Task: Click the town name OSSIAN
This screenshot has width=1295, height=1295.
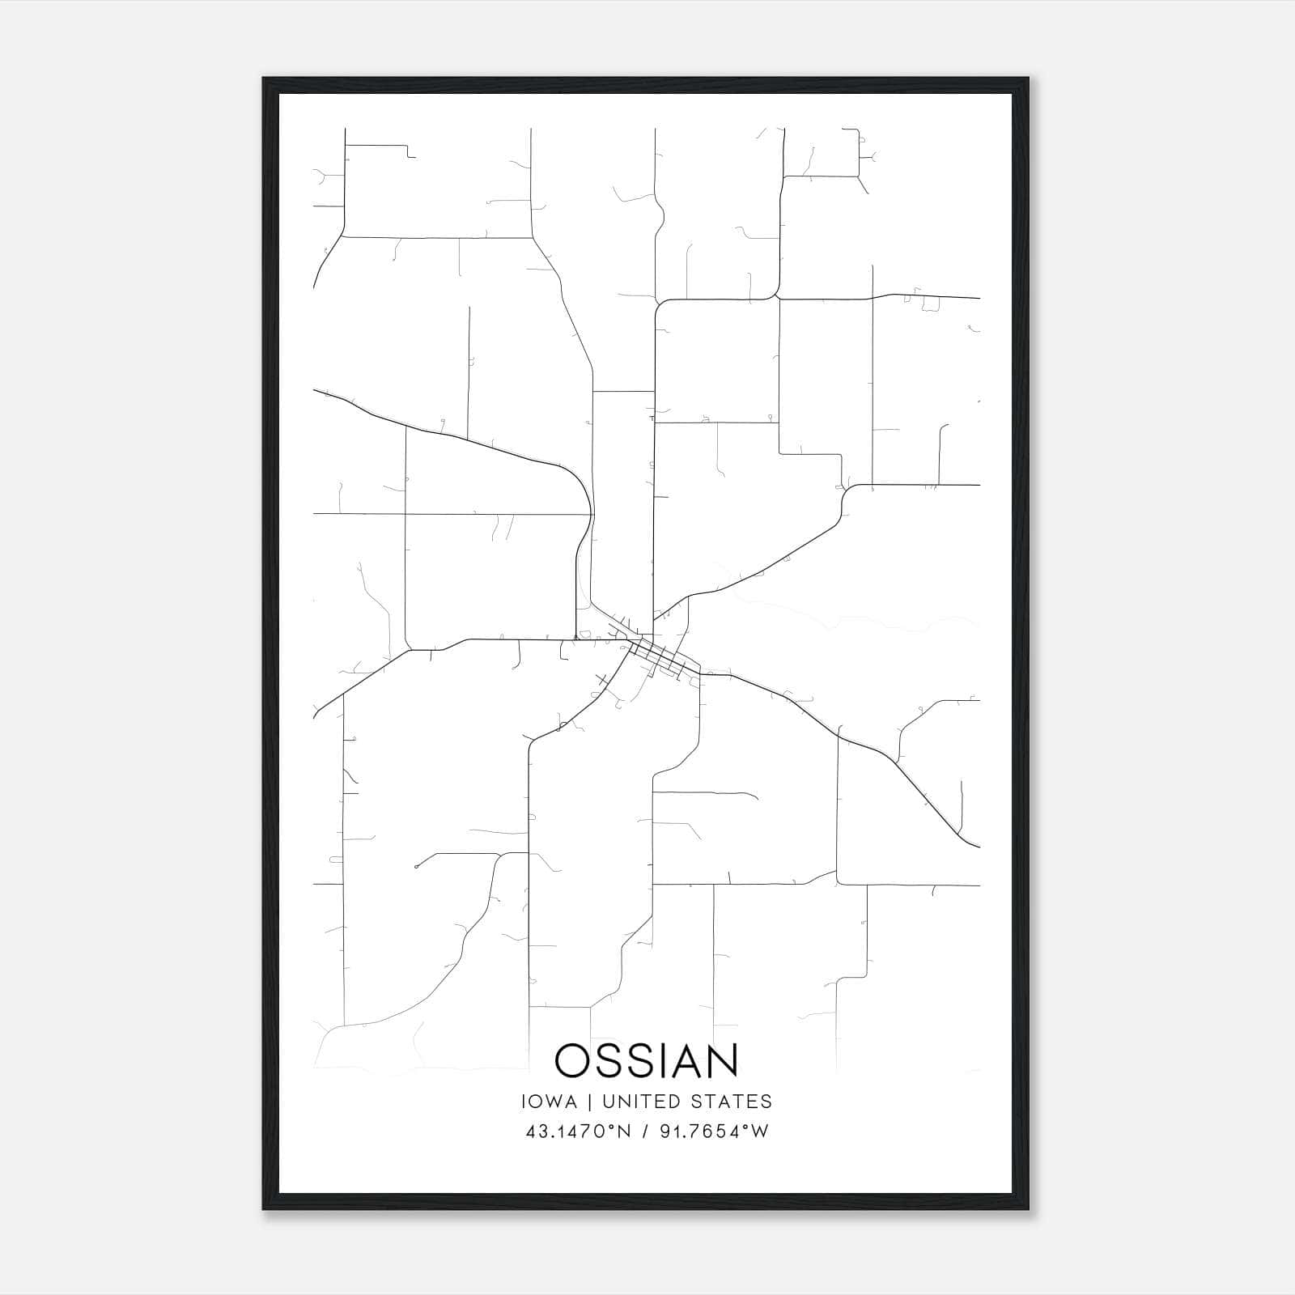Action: click(x=647, y=1060)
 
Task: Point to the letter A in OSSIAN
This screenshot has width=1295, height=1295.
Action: click(x=684, y=1060)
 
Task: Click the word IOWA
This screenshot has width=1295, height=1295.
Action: click(x=550, y=1102)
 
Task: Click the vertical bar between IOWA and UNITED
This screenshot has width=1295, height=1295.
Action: click(x=589, y=1102)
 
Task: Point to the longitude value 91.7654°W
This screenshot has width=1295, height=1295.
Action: click(x=715, y=1132)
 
